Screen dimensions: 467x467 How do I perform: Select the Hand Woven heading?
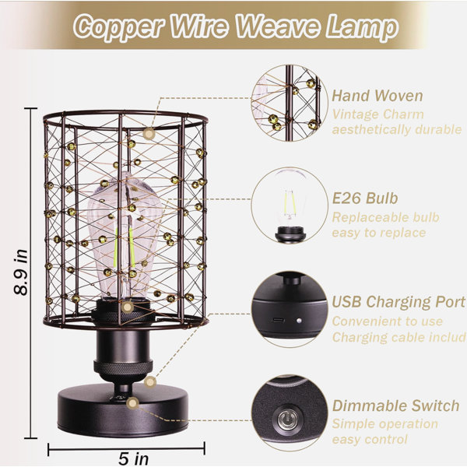(377, 96)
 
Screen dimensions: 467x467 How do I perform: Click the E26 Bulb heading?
(365, 198)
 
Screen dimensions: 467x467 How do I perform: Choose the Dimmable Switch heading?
(395, 406)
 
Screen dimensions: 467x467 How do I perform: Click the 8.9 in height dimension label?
(21, 272)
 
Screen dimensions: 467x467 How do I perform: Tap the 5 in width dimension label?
(133, 458)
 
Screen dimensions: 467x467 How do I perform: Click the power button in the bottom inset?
(286, 420)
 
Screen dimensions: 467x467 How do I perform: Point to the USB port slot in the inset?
(278, 321)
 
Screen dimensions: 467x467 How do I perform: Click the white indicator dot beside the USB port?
(299, 321)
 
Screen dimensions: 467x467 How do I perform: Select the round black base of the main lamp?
(123, 411)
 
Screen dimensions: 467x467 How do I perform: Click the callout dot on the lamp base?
(132, 403)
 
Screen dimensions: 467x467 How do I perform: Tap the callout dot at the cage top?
(149, 134)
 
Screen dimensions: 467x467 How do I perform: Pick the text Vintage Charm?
(377, 114)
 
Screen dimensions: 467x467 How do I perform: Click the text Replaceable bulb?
(386, 217)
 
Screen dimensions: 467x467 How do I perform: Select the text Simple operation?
(384, 424)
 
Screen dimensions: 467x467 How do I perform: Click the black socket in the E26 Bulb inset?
(290, 234)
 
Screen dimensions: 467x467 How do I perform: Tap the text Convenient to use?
(387, 321)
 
